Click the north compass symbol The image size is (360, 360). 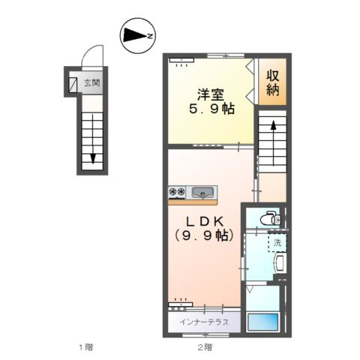pos(137,35)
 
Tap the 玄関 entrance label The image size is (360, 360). pos(92,82)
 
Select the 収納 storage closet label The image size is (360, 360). pos(272,82)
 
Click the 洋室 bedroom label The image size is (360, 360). pos(211,94)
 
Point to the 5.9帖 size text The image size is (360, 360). pos(211,109)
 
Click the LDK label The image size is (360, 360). pos(205,221)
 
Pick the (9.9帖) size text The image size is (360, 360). pos(204,235)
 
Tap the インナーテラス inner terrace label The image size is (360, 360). pos(204,322)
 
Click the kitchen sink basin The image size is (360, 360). pos(202,193)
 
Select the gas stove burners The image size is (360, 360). pos(177,192)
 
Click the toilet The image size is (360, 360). pos(271,218)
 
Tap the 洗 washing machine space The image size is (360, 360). pos(277,242)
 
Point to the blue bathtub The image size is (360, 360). pos(262,322)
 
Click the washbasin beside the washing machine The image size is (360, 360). pos(280,263)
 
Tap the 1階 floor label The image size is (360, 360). pos(86,347)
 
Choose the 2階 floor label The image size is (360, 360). pos(205,347)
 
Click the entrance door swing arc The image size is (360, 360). pos(88,51)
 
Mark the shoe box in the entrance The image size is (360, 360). pos(73,85)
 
